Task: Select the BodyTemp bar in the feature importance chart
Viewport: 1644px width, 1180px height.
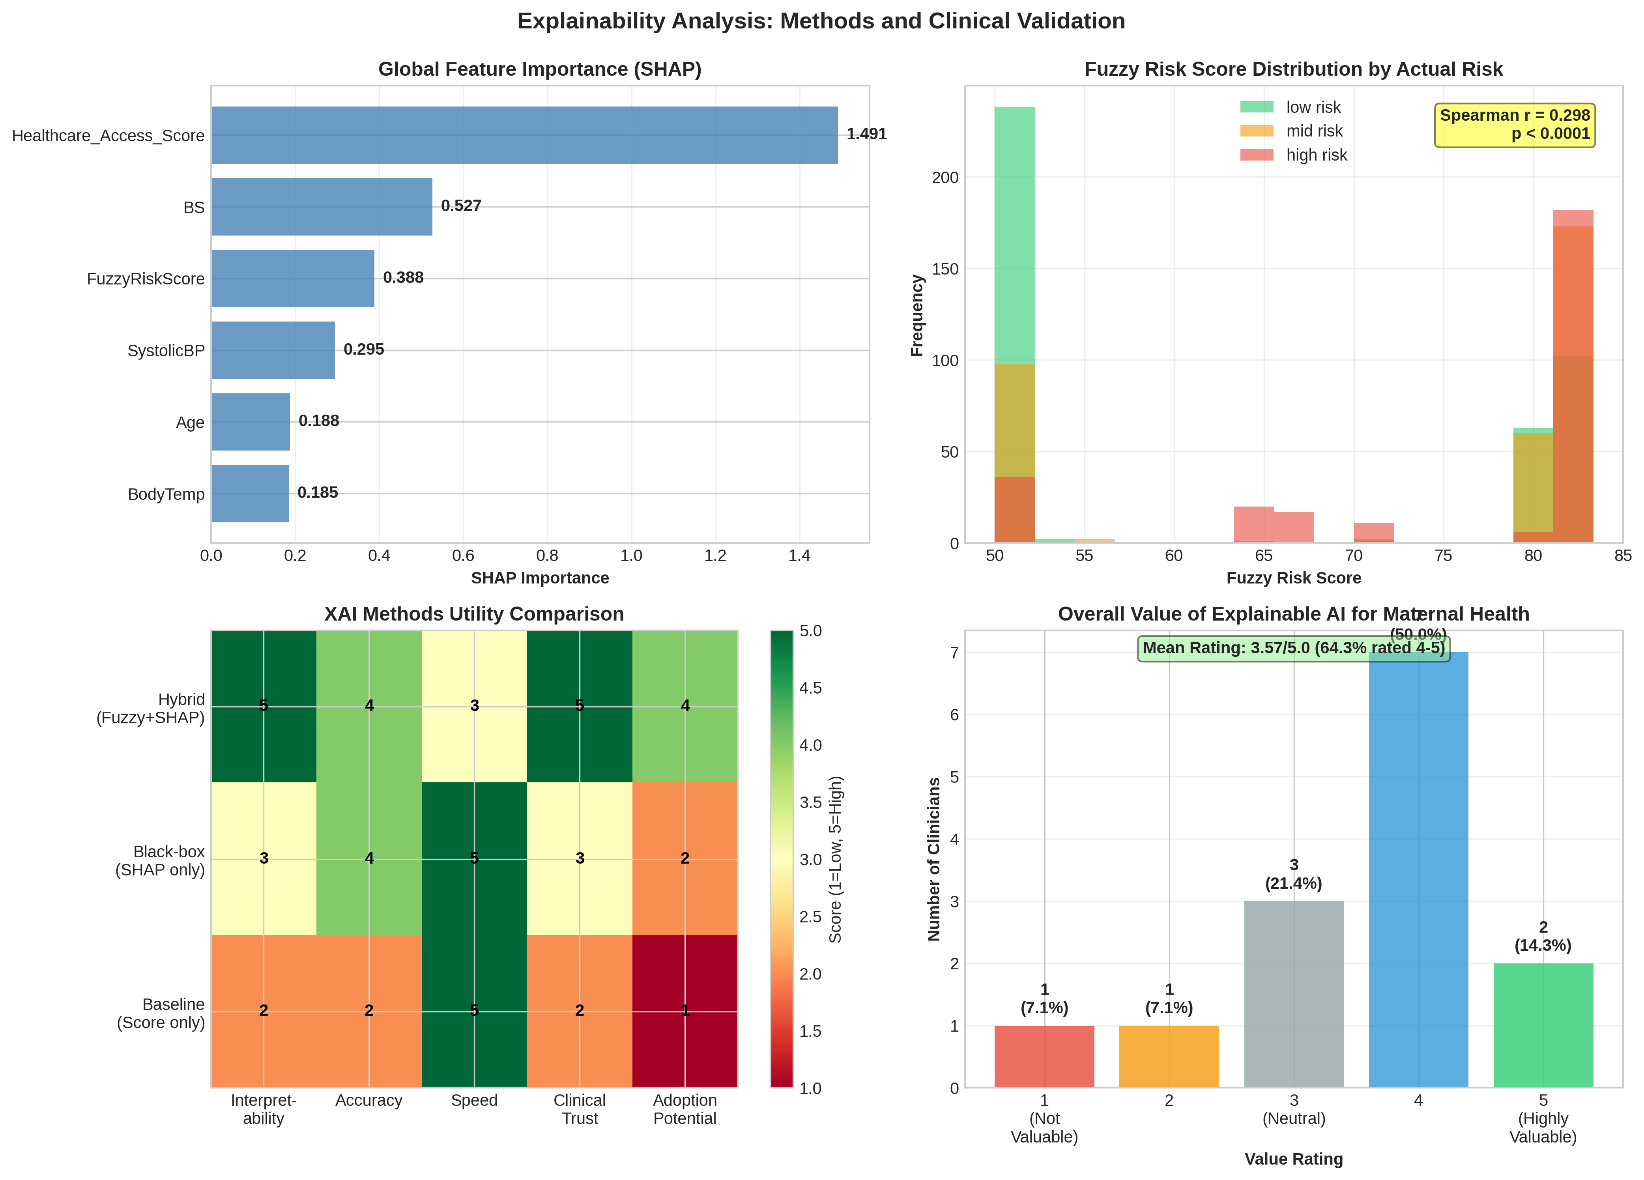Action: click(x=250, y=494)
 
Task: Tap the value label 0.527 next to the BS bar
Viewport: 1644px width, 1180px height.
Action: click(x=461, y=206)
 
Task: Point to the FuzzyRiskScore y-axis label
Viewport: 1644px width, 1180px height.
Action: click(x=146, y=279)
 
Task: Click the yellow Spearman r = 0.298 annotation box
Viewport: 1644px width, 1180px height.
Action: click(x=1514, y=125)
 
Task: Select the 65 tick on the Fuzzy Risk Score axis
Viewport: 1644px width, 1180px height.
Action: click(x=1263, y=556)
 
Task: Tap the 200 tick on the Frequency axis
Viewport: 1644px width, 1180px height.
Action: click(x=945, y=178)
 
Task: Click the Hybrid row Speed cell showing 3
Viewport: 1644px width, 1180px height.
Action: click(x=474, y=706)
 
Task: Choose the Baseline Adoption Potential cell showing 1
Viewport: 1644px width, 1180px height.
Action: click(x=685, y=1010)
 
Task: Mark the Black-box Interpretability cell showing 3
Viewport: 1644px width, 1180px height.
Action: click(x=264, y=858)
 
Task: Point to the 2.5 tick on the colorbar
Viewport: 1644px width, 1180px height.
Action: click(x=810, y=917)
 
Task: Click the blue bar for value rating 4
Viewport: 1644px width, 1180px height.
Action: click(x=1418, y=870)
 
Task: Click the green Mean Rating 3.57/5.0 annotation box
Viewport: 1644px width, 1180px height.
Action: click(x=1293, y=648)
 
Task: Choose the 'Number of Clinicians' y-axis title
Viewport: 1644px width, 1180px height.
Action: click(x=933, y=859)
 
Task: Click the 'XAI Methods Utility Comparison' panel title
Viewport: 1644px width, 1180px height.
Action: click(x=474, y=614)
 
